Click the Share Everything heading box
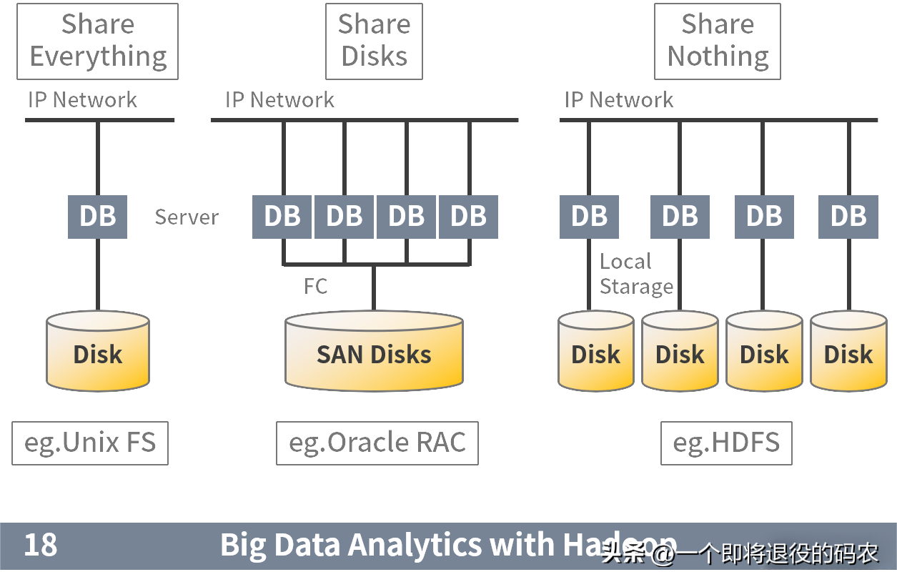click(97, 41)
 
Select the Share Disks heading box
click(374, 41)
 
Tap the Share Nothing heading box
click(718, 41)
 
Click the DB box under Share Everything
click(97, 217)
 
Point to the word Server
click(187, 217)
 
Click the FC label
click(315, 287)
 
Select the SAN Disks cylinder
click(374, 353)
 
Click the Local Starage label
click(635, 274)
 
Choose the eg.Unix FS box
click(90, 443)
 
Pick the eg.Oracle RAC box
click(377, 443)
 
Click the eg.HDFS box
click(726, 443)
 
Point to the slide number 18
click(41, 545)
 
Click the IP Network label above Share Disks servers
click(279, 99)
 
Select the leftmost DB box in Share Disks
click(282, 217)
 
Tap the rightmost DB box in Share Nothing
click(848, 217)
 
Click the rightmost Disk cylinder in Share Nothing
click(848, 352)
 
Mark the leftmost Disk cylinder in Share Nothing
click(595, 352)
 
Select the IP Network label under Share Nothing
click(618, 99)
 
